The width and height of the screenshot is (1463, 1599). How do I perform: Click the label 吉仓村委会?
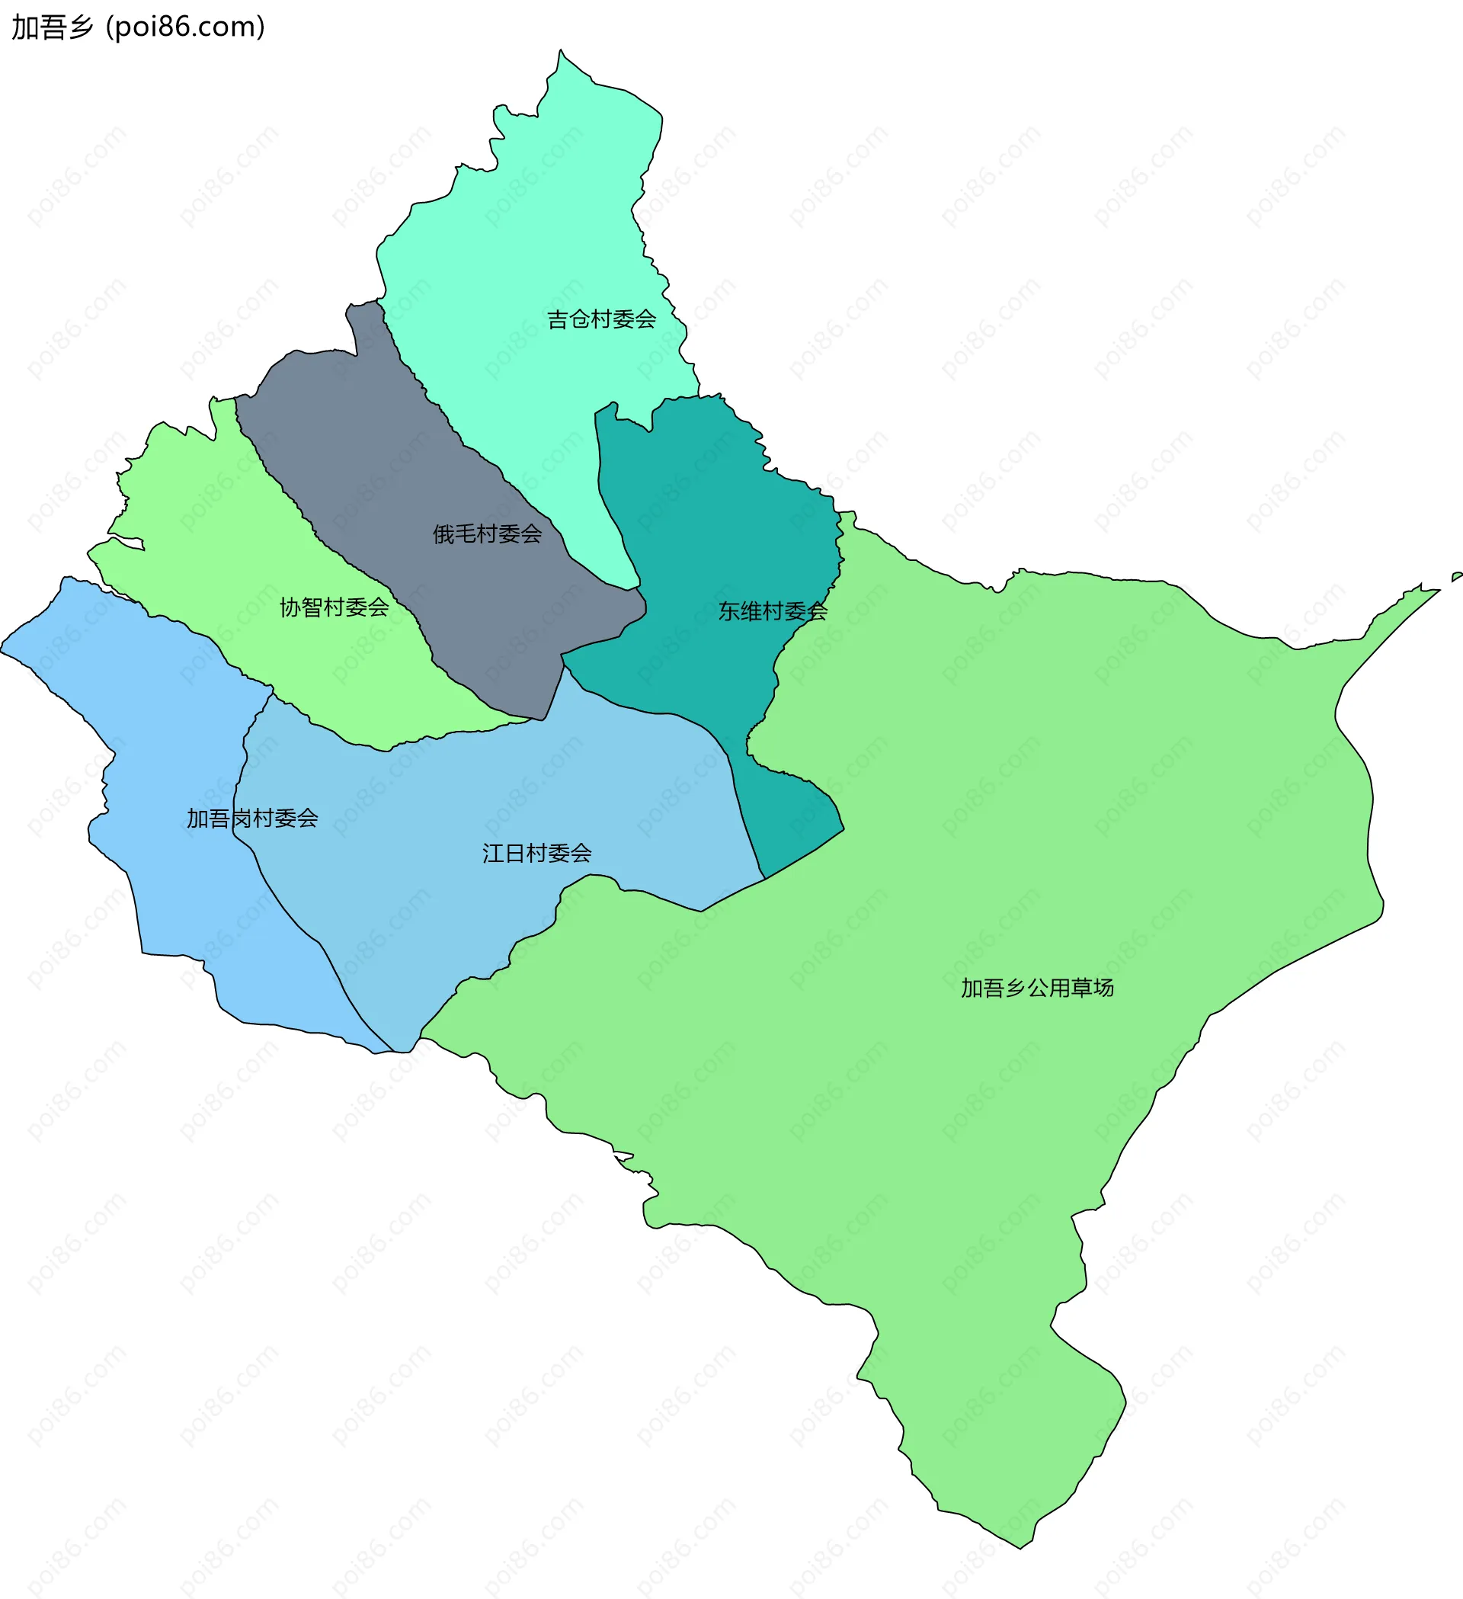[x=601, y=319]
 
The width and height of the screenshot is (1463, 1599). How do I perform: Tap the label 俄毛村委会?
[x=487, y=534]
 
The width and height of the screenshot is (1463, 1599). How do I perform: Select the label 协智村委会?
[x=334, y=607]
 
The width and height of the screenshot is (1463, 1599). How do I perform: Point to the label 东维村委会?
[x=773, y=611]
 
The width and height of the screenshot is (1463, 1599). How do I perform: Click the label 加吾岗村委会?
[x=252, y=819]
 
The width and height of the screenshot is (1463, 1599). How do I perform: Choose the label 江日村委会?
[x=537, y=854]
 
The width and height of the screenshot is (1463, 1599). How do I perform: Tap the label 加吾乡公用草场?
[x=1037, y=989]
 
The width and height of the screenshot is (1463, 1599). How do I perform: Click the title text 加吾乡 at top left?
[x=53, y=27]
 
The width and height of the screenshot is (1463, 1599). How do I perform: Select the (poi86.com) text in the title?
[x=186, y=27]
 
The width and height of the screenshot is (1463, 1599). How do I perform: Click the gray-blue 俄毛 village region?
[x=396, y=444]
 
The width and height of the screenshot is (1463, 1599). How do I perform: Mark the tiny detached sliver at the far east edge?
[x=1456, y=577]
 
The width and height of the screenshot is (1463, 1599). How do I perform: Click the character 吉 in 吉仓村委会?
[x=558, y=319]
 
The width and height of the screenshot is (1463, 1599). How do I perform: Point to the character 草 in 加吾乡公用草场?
[x=1081, y=989]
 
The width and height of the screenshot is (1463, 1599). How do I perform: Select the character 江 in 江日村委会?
[x=493, y=854]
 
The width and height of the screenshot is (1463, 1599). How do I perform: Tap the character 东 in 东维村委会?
[x=728, y=611]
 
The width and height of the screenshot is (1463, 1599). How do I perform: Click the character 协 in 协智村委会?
[x=290, y=607]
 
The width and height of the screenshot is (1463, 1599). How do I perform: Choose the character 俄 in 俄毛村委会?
[x=443, y=534]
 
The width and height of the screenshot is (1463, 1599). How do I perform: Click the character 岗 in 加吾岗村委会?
[x=241, y=819]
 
